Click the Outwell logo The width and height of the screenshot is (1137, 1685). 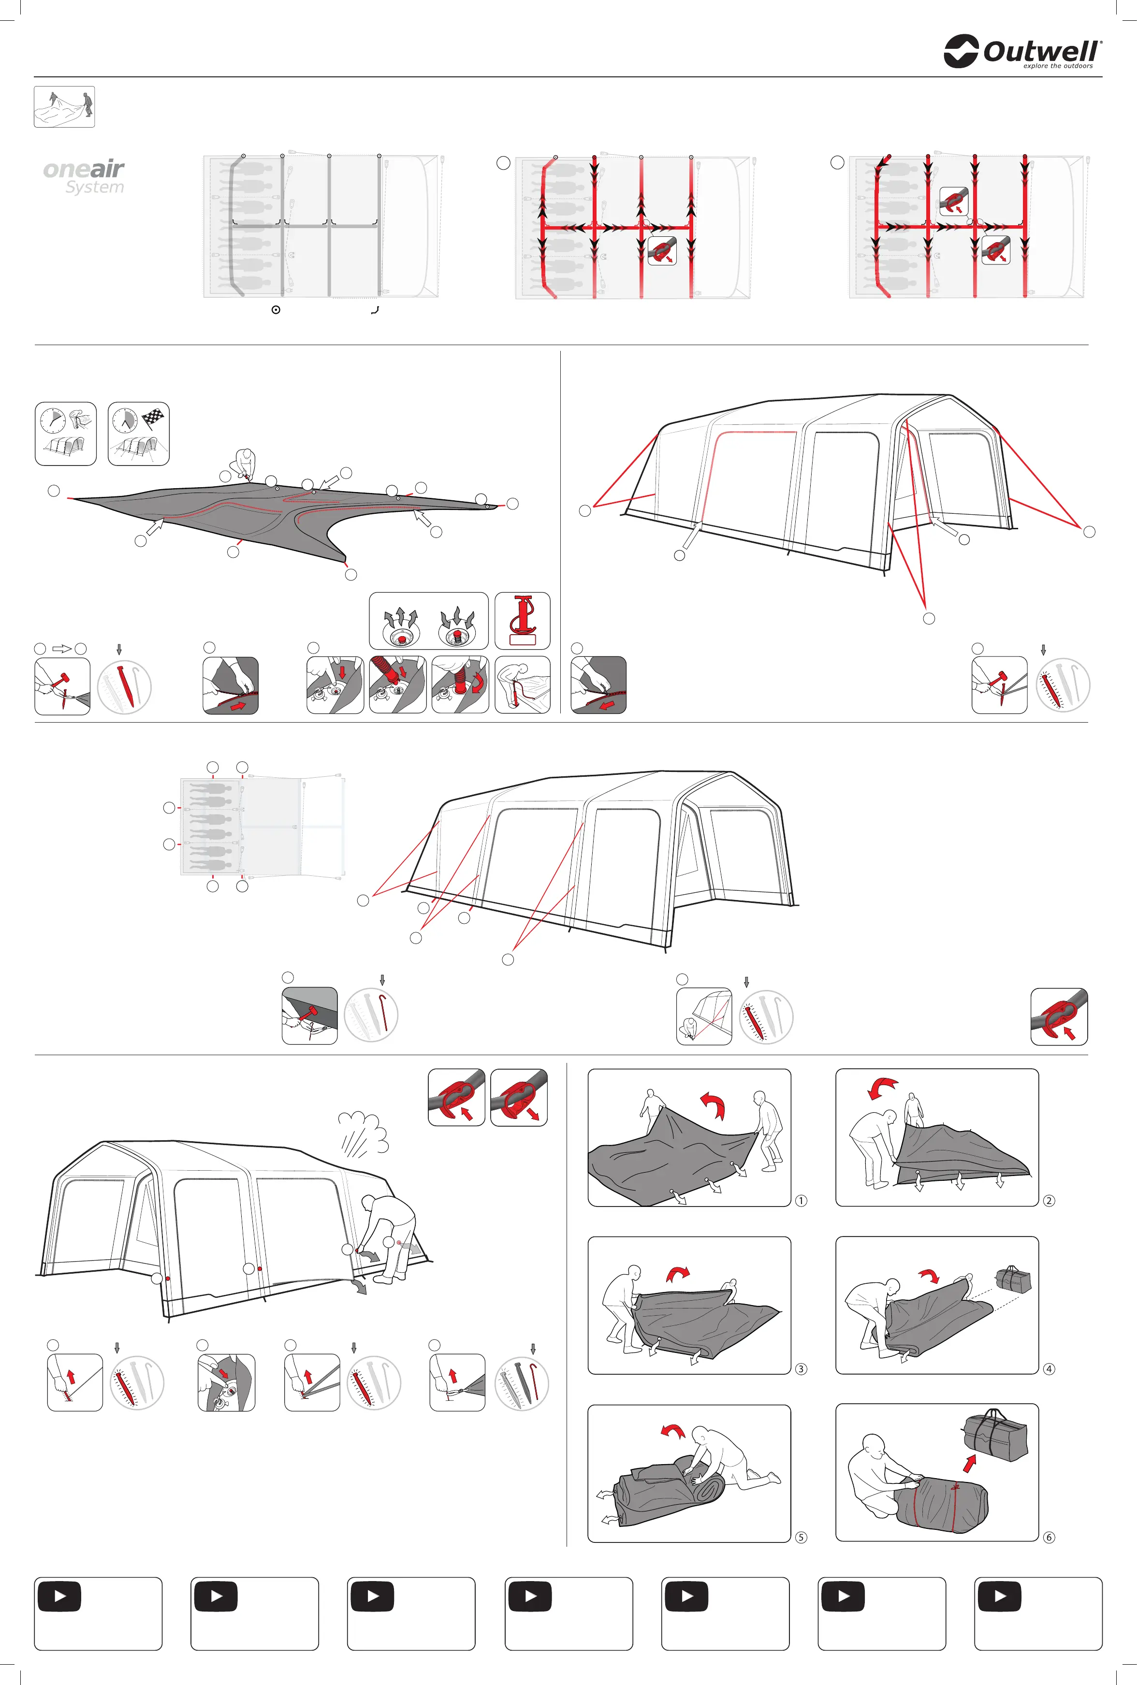coord(1022,51)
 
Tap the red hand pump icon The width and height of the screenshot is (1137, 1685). coord(522,620)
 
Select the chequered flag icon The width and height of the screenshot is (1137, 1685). coord(153,419)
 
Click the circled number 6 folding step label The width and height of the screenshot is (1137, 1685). coord(1049,1537)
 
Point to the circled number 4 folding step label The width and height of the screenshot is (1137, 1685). coord(1049,1369)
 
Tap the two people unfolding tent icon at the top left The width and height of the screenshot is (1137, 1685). coord(65,106)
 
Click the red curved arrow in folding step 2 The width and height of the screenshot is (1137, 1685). coord(883,1086)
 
